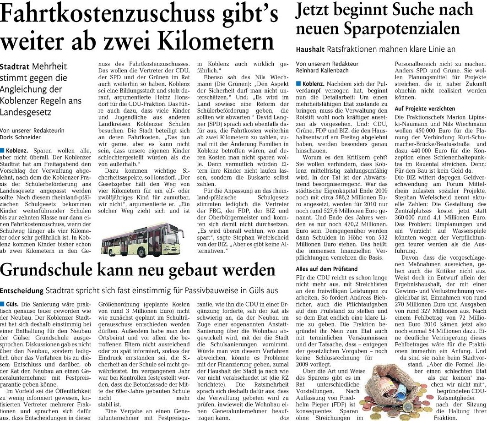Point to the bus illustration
tap(142, 241)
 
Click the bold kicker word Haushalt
tap(311, 49)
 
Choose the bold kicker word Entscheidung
tap(22, 290)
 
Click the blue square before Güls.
tap(3, 304)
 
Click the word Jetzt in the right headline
tap(313, 10)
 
